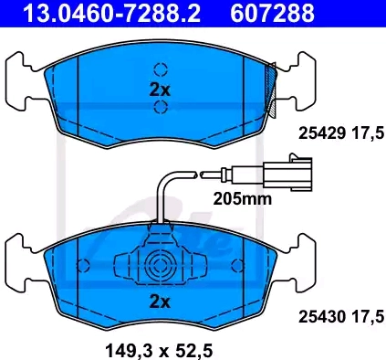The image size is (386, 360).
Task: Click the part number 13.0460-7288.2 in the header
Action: click(111, 13)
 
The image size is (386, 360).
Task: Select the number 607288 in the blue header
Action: click(272, 13)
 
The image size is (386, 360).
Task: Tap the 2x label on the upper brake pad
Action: click(160, 90)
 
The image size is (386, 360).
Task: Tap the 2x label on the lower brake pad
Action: click(160, 302)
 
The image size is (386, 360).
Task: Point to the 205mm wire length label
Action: click(243, 199)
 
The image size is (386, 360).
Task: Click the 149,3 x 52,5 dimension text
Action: click(159, 351)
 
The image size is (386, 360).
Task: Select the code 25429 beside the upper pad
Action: click(322, 133)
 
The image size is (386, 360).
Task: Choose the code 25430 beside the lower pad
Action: click(322, 317)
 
